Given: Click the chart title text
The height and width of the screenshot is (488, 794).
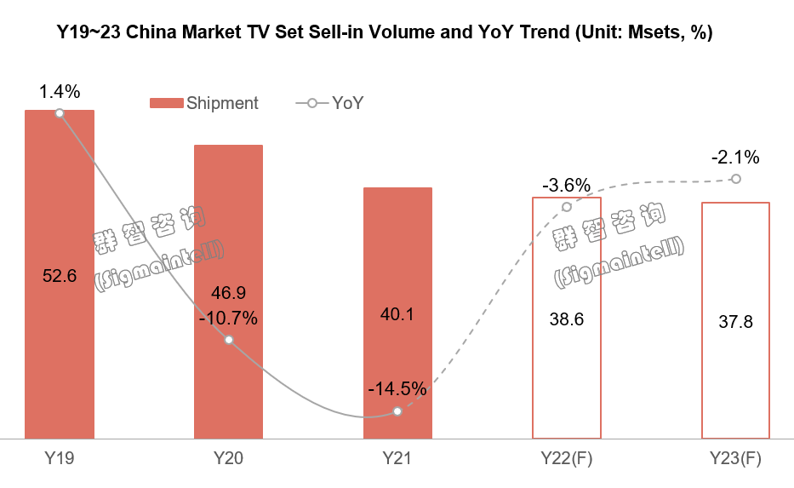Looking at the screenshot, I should pos(385,33).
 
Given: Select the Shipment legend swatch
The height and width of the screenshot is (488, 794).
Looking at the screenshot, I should pos(165,103).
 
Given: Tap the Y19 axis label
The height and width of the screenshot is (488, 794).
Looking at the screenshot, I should pos(59,458).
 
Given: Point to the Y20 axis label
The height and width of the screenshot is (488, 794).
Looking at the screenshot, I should pos(228,458).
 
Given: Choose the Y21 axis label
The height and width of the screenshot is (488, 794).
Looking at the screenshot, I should pos(397,458).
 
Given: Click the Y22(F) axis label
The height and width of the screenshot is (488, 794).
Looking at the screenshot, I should pos(566,458).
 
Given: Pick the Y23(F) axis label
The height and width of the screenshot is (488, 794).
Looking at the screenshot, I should pos(735,458).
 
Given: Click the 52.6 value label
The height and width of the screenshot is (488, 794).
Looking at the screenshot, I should pos(59,276).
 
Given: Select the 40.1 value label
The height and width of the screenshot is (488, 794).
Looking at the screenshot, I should pos(397,314).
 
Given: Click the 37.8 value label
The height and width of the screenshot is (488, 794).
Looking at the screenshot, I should pos(735,322).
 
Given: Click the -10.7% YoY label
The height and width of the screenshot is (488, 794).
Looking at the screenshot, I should pos(228,319).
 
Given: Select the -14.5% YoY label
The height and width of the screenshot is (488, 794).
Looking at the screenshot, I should pos(397,389).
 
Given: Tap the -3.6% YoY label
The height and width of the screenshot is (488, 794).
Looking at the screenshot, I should pos(566,185).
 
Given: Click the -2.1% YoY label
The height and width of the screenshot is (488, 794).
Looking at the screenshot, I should pos(735,158).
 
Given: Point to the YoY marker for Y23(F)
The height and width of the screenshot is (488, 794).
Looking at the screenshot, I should pos(736,179).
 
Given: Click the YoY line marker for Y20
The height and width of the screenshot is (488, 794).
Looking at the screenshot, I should pos(228,340).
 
